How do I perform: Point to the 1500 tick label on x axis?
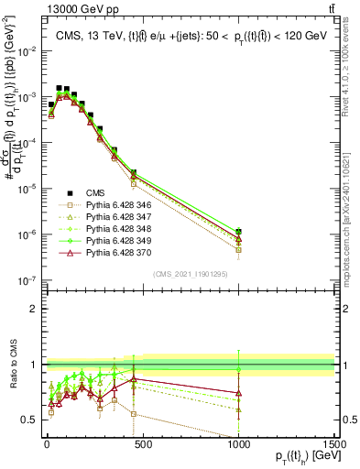coord(333,442)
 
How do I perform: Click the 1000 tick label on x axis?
coord(237,442)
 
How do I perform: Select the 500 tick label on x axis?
coord(141,442)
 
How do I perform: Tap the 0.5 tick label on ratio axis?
coord(28,420)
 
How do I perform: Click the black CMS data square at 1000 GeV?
coord(238,232)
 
